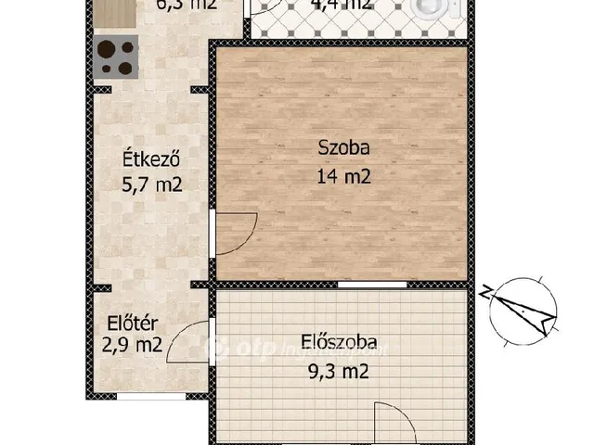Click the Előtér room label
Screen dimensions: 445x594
[x=130, y=324]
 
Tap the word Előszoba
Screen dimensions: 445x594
[x=339, y=342]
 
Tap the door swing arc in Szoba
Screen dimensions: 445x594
[x=238, y=233]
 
